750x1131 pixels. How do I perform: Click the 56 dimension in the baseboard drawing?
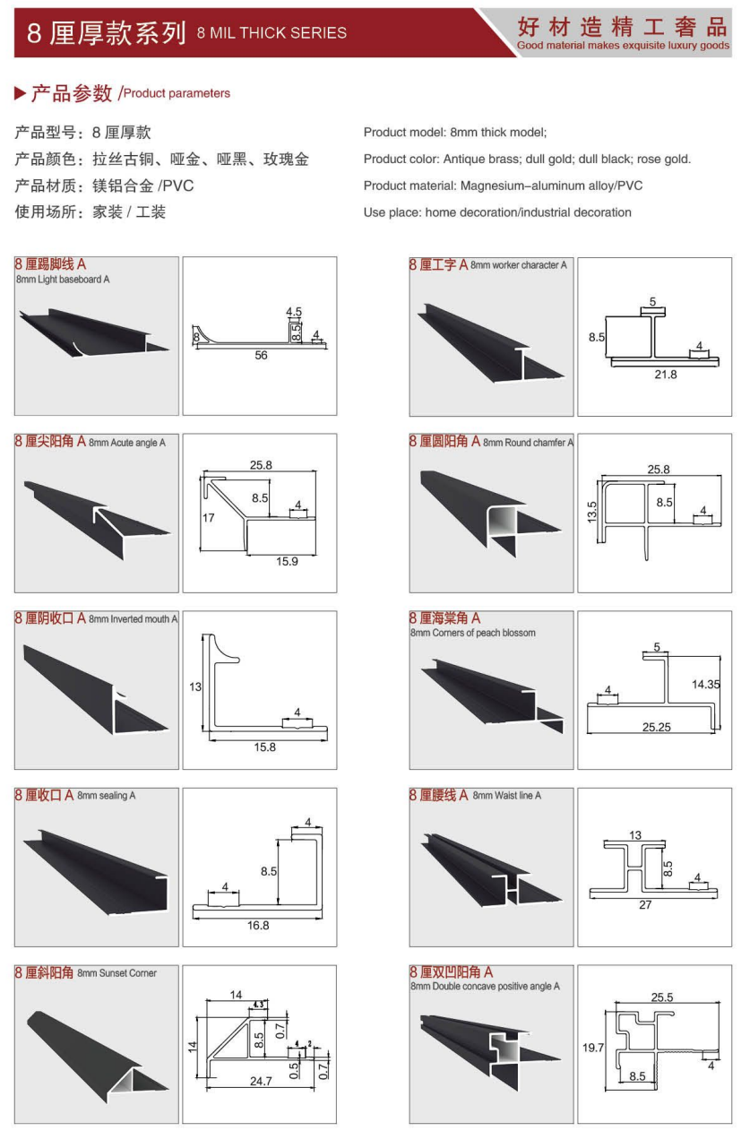tap(261, 355)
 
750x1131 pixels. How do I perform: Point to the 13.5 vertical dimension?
tap(592, 515)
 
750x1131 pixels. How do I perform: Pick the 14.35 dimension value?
tap(706, 683)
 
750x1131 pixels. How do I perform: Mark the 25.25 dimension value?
tap(656, 727)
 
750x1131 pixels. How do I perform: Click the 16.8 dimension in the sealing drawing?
tap(258, 925)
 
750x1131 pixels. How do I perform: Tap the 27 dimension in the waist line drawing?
tap(645, 904)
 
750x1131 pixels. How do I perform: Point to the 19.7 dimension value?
tap(593, 1046)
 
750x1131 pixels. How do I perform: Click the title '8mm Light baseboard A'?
tap(63, 280)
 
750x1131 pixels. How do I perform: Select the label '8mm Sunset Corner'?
tap(116, 973)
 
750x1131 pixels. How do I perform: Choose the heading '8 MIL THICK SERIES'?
tap(271, 33)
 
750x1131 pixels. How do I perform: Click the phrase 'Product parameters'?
tap(177, 93)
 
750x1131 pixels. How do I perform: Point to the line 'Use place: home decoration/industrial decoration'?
tap(497, 212)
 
